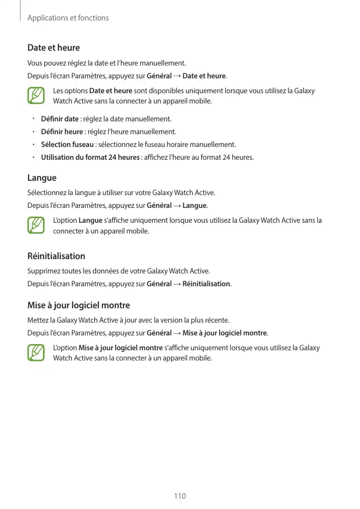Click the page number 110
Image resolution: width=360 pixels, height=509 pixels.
[180, 496]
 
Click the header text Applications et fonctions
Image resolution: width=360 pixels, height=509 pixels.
[68, 18]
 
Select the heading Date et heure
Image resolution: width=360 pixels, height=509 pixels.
[53, 48]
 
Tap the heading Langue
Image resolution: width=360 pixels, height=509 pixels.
[41, 178]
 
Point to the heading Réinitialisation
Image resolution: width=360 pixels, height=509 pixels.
[56, 256]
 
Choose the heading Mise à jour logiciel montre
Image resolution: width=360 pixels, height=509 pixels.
[78, 306]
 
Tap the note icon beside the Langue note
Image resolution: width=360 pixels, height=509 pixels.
[36, 226]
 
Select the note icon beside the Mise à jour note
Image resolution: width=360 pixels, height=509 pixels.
[36, 353]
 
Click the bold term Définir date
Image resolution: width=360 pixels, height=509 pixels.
[59, 119]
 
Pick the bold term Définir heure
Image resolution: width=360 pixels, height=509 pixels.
[61, 132]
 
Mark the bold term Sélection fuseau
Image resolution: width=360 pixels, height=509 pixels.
[67, 144]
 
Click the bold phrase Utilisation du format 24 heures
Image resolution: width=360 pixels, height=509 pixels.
[90, 157]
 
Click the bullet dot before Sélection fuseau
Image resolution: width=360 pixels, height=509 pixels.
[32, 144]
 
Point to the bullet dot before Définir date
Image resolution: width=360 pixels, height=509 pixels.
[32, 119]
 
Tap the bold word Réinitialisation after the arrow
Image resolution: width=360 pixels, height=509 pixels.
[206, 284]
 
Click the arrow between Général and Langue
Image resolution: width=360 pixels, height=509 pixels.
[177, 206]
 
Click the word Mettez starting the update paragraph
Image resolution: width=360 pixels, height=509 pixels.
[38, 321]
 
